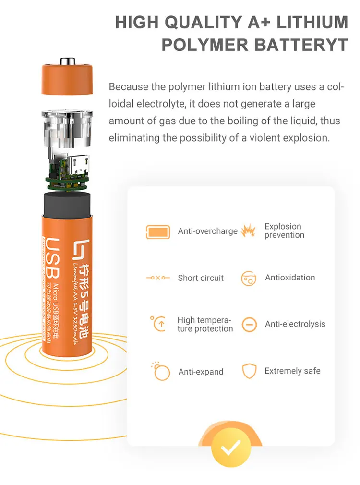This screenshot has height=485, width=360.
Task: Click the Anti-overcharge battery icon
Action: [x=158, y=231]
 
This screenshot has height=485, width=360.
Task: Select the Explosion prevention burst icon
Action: [x=248, y=231]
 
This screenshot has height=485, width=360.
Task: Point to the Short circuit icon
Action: [x=158, y=278]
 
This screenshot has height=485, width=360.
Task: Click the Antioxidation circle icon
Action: [x=249, y=279]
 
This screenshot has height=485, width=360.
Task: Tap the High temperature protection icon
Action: [x=158, y=324]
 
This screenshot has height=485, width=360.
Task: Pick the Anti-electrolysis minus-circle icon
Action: [x=249, y=325]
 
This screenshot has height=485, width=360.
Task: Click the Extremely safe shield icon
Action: [x=249, y=371]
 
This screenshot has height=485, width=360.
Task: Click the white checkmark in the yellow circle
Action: [x=231, y=449]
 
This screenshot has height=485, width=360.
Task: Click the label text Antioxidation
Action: [x=290, y=278]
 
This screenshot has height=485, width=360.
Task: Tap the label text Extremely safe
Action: [x=292, y=371]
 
